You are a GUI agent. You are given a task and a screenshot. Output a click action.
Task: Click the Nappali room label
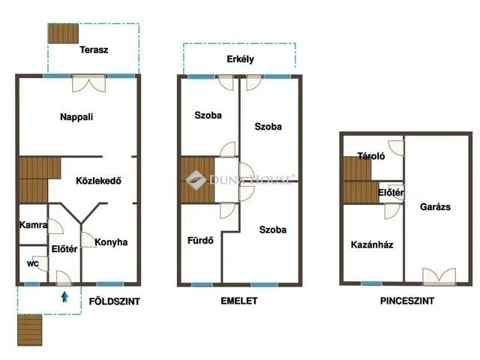(76, 117)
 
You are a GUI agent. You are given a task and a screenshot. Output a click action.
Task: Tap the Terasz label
(94, 50)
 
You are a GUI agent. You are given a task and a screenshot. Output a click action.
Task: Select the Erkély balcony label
(240, 59)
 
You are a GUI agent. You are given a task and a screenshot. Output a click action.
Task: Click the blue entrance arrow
(64, 297)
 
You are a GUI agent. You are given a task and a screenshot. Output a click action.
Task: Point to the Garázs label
(435, 207)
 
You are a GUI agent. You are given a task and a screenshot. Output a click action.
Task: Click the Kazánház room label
(372, 244)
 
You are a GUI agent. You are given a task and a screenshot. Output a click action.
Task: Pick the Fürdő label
(200, 240)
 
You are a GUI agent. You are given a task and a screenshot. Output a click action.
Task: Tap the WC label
(33, 263)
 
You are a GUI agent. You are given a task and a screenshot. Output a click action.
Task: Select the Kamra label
(33, 225)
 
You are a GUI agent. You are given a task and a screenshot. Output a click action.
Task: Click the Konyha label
(111, 242)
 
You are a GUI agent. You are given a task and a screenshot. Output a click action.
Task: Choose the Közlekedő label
(98, 181)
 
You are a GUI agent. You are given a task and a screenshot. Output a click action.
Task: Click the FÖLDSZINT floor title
(115, 301)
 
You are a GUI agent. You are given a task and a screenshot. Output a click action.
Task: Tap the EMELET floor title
(239, 301)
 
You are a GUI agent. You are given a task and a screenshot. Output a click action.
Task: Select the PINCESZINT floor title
(407, 301)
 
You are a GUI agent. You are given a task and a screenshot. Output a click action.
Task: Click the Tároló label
(371, 156)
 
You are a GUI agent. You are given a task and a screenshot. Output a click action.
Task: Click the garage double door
(439, 277)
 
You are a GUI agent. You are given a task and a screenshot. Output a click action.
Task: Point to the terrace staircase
(63, 33)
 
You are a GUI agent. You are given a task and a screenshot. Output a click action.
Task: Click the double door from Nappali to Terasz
(88, 83)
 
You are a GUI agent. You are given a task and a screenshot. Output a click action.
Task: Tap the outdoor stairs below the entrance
(29, 330)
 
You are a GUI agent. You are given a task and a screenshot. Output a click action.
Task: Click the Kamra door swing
(55, 226)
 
